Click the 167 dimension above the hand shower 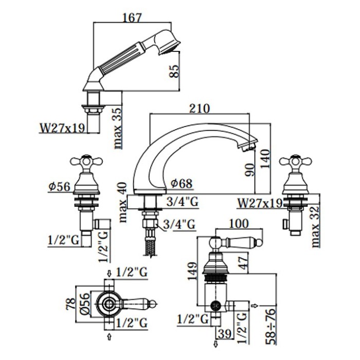point(133,17)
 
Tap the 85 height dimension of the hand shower point(174,71)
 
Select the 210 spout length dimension point(200,109)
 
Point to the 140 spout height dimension point(265,158)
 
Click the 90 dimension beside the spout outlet point(250,170)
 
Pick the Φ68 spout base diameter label point(182,184)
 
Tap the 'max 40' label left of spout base point(122,202)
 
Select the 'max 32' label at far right point(315,227)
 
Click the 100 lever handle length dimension point(239,223)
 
